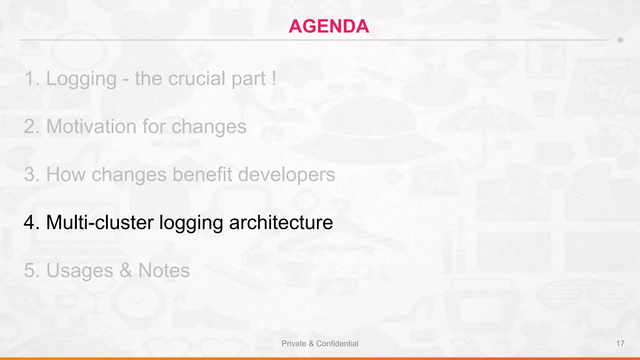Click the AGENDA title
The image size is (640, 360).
click(x=329, y=26)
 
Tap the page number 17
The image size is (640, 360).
click(x=620, y=344)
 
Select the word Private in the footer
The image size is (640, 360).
click(x=294, y=344)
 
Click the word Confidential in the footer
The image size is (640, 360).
click(x=337, y=344)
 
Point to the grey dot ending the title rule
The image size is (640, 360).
click(x=620, y=40)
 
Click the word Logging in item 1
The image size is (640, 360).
click(x=81, y=79)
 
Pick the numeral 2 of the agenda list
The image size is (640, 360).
click(x=29, y=127)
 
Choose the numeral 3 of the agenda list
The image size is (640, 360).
click(x=29, y=175)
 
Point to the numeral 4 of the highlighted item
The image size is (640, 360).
click(x=29, y=223)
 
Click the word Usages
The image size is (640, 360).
click(x=80, y=271)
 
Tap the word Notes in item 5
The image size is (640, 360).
click(x=164, y=270)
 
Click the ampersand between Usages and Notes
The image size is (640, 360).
click(x=126, y=271)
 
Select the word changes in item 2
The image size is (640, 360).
click(x=209, y=127)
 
